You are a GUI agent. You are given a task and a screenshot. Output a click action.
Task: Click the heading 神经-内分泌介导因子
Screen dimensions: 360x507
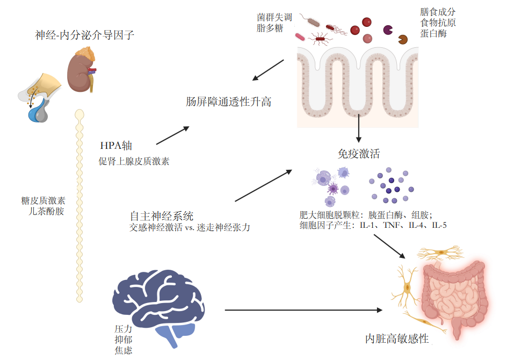tap(84, 36)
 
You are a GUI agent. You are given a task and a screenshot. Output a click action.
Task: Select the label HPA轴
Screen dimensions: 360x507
tap(116, 146)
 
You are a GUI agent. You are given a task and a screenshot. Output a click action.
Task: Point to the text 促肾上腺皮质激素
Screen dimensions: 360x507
tap(134, 161)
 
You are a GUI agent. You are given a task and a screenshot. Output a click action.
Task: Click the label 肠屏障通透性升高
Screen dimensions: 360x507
tap(228, 102)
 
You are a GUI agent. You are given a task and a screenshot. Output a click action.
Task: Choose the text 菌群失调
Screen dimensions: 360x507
tap(274, 17)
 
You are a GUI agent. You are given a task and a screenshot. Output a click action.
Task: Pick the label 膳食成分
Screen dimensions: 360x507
tap(438, 12)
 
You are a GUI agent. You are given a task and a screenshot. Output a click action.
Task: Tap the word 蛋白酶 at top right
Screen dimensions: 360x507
tap(433, 34)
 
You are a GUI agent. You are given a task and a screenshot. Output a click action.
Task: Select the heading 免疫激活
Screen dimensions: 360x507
tap(358, 154)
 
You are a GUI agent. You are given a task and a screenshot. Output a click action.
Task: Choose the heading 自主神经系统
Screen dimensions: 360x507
tap(161, 216)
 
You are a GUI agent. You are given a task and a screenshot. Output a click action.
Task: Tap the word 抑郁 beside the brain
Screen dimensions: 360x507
tap(124, 340)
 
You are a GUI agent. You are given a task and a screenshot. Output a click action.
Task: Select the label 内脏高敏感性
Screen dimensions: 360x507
tap(397, 339)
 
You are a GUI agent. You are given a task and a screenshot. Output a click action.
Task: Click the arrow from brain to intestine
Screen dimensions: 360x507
tap(303, 310)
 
